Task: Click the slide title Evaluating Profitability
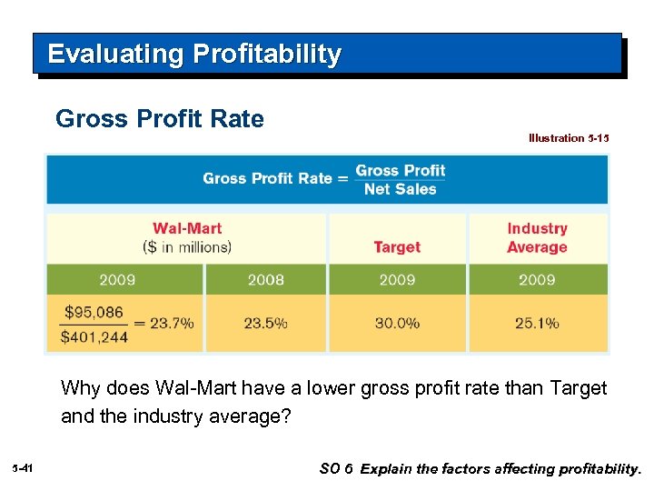tap(194, 55)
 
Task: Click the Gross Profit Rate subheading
tap(160, 119)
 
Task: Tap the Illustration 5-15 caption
tap(569, 138)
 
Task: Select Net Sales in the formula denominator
tap(400, 189)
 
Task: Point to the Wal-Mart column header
tap(187, 228)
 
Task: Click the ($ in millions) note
tap(187, 246)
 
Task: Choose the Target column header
tap(397, 246)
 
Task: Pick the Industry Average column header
tap(537, 238)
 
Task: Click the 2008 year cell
tap(266, 279)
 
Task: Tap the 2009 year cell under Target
tap(397, 279)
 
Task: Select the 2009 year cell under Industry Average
tap(537, 279)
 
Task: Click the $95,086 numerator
tap(94, 312)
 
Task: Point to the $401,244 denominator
tap(94, 336)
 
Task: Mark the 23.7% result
tap(172, 323)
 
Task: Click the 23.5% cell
tap(266, 323)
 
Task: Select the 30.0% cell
tap(397, 323)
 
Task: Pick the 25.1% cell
tap(537, 323)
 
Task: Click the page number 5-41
tap(23, 467)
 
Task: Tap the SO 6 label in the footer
tap(335, 468)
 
